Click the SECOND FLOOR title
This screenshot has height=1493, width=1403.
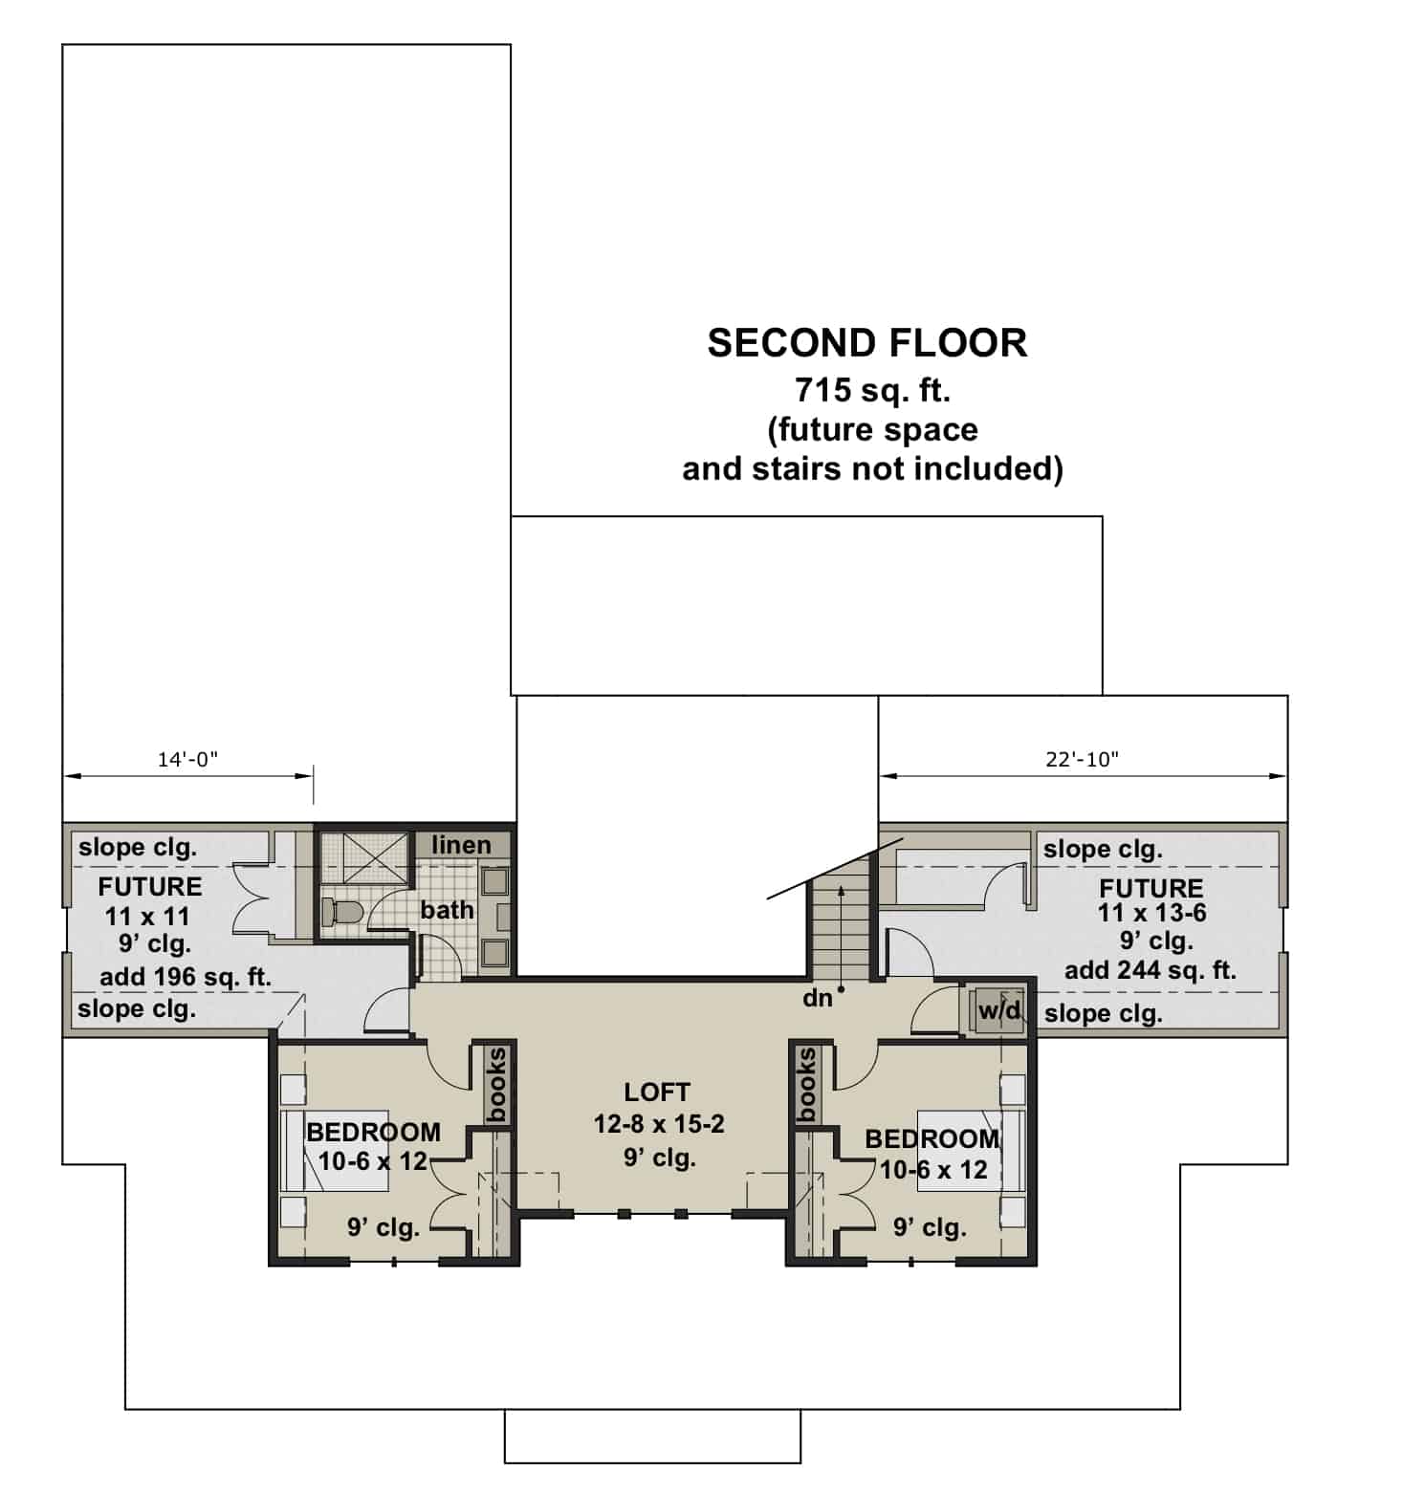tap(866, 343)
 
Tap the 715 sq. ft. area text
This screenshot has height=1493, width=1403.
tap(871, 390)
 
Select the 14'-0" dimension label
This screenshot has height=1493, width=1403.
tap(187, 759)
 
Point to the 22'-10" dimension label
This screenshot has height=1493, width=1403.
tap(1082, 759)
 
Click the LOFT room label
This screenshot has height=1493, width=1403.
tap(657, 1092)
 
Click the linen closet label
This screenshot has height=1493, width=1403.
tap(461, 845)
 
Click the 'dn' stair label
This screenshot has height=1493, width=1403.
tap(818, 998)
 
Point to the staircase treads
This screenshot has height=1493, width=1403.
tap(841, 918)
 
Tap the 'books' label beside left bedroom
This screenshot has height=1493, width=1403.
tap(497, 1084)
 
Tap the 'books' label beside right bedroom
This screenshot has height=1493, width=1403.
tap(807, 1084)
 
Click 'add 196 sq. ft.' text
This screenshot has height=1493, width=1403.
tap(186, 977)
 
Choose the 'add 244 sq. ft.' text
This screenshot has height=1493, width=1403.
tap(1151, 970)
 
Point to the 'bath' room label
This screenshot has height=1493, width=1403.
tap(447, 910)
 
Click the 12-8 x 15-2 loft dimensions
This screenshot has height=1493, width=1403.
tap(659, 1124)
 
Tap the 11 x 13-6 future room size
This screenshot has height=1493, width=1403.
tap(1151, 913)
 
